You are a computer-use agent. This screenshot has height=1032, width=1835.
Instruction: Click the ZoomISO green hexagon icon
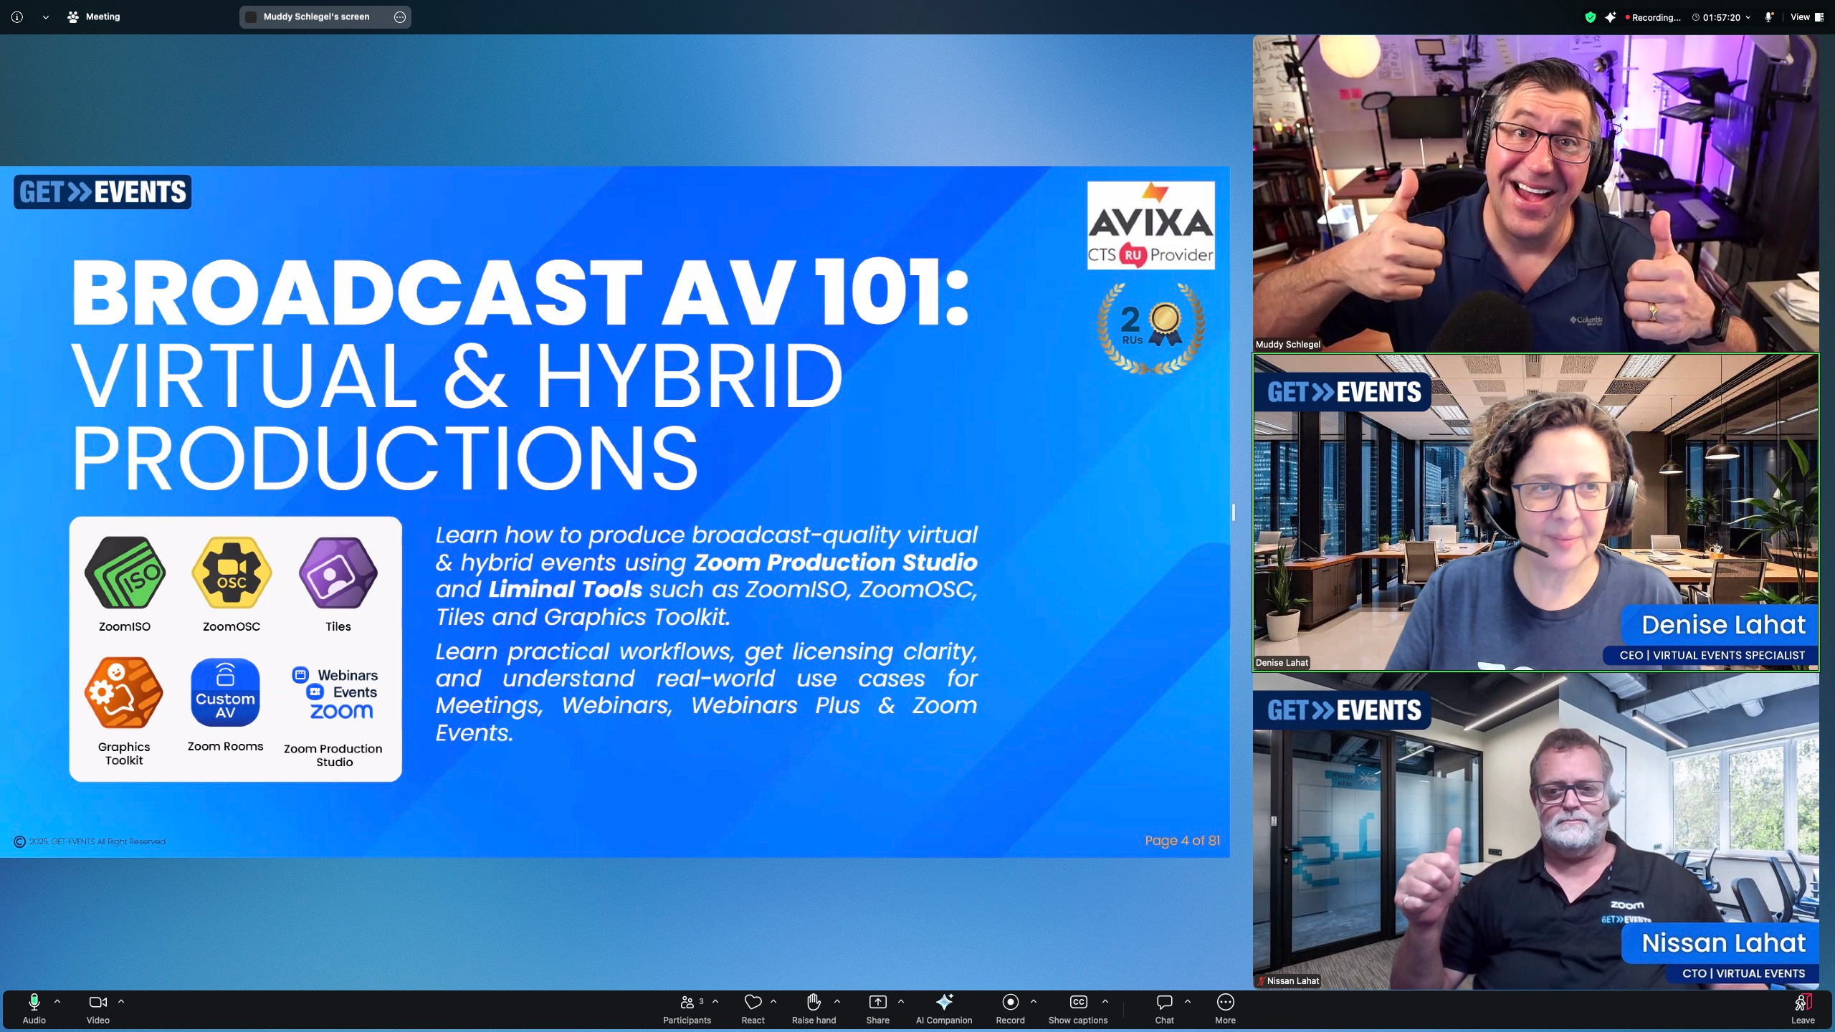pos(125,573)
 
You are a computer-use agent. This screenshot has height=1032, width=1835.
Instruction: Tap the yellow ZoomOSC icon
pos(232,573)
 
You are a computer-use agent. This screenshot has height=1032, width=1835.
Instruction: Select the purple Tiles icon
pos(338,573)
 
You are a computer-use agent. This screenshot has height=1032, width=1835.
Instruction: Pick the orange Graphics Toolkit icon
pos(124,693)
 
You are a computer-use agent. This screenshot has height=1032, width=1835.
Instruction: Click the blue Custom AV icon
pos(225,693)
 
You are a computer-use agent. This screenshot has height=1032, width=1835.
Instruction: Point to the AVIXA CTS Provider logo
pos(1150,225)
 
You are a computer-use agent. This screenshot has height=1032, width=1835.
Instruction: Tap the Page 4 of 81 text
pos(1182,841)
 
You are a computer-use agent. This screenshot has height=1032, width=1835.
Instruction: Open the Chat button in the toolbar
pos(1164,1008)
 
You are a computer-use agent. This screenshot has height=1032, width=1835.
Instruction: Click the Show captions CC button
pos(1078,1008)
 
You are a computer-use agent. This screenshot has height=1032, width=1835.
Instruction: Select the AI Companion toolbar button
pos(944,1008)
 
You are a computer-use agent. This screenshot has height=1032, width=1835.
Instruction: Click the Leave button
pos(1803,1008)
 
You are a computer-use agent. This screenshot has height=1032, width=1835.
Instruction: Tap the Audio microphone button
pos(34,1008)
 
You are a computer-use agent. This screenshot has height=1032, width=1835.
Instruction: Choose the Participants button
pos(687,1008)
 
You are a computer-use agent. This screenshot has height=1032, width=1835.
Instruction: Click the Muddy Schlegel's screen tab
pos(325,17)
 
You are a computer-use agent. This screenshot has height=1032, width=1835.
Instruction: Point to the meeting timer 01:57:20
pos(1721,17)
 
